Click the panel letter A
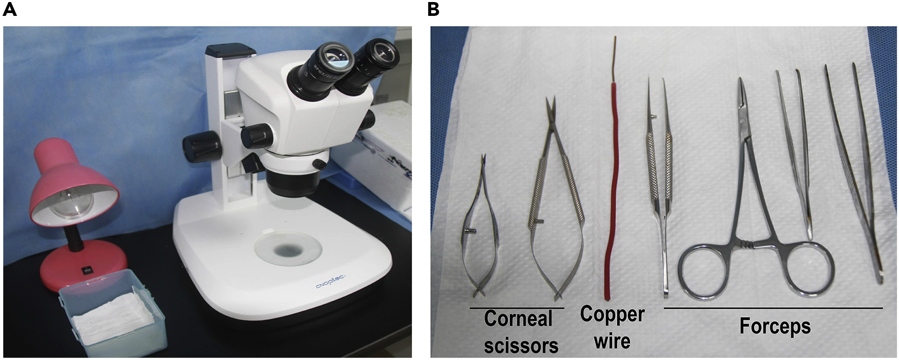coord(9,9)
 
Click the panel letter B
coord(433,9)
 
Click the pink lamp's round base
coord(77,267)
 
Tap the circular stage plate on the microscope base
coord(287,248)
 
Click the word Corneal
coord(518,319)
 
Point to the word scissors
coord(521,345)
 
